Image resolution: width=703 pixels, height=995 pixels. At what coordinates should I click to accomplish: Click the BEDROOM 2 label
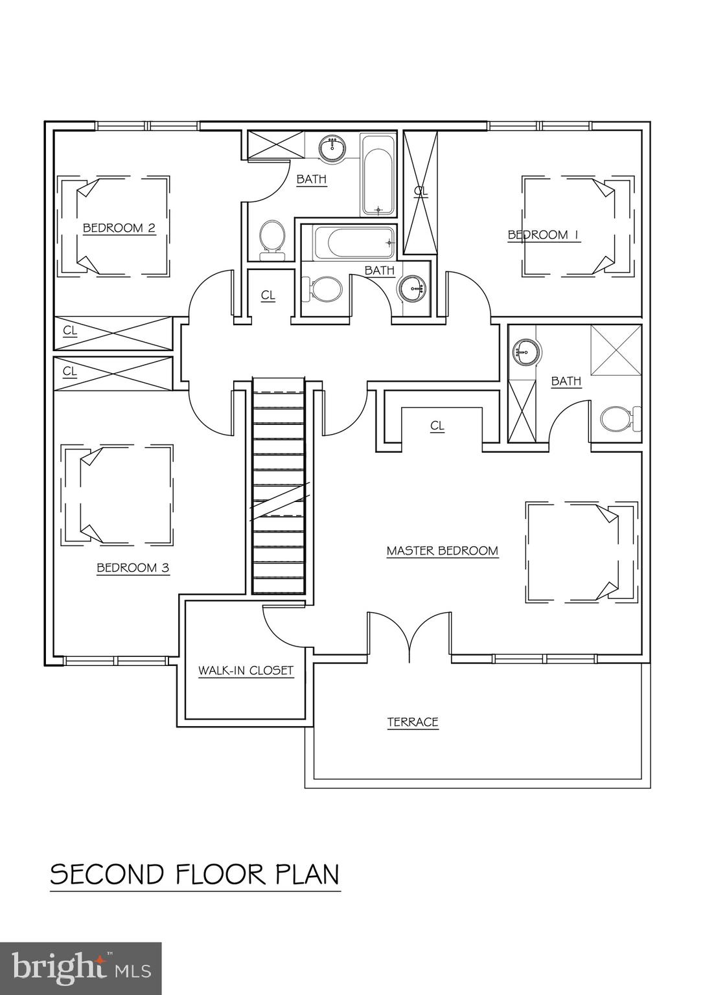119,228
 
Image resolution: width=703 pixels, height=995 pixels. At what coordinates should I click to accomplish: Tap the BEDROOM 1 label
543,235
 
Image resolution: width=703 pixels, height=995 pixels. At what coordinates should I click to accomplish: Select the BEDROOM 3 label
133,568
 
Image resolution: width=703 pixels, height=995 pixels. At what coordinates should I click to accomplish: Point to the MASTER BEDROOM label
443,551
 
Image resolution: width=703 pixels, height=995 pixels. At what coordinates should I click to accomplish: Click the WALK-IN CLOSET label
246,670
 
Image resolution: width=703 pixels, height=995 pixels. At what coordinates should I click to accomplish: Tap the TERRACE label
413,722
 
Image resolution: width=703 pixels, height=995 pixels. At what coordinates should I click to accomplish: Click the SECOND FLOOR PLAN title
195,875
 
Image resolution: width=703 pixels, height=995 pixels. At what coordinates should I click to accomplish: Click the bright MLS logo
80,968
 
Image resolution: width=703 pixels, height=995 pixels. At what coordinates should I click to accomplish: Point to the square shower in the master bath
616,350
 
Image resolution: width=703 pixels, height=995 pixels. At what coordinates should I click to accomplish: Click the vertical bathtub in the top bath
377,175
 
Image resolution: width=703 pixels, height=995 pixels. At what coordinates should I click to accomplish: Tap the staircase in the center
278,486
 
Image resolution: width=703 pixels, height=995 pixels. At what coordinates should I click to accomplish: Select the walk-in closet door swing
279,622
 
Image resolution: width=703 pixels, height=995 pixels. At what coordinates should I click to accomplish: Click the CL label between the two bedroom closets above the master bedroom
437,426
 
